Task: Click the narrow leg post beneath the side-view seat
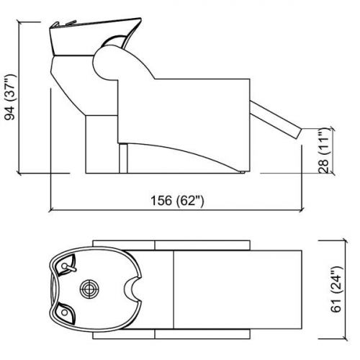123,157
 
